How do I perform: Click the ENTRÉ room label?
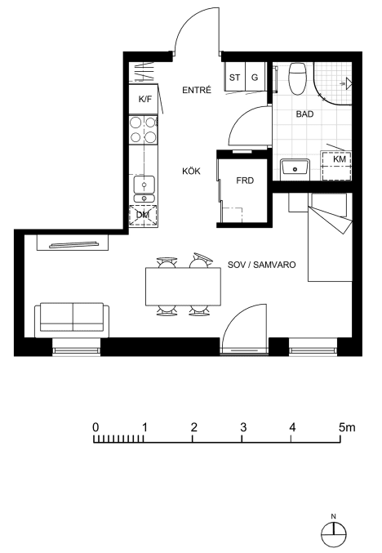pos(197,91)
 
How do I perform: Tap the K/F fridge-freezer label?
pos(145,99)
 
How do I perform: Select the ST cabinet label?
pos(235,78)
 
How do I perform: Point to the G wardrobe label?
pos(255,78)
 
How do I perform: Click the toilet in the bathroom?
pos(297,78)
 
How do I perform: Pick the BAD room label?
pos(304,114)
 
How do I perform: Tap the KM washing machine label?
pos(340,159)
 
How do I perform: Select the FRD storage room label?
pos(245,181)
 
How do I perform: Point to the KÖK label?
pos(191,172)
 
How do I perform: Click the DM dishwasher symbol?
pos(143,215)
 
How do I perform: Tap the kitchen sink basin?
pos(144,185)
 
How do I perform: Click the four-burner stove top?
pos(143,129)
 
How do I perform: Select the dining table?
pos(184,287)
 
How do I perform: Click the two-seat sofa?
pos(72,319)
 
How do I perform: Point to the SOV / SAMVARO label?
pos(261,265)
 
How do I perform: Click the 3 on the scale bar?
pos(243,427)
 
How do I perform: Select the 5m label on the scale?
pos(347,427)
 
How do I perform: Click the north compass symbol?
pos(333,534)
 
